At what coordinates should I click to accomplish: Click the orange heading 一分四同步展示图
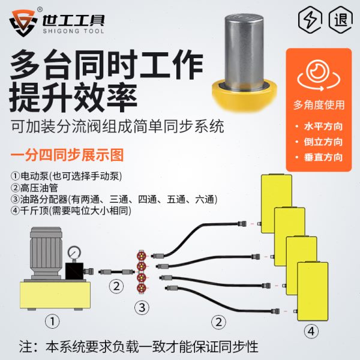(x=67, y=155)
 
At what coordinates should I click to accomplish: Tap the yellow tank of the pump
(x=55, y=295)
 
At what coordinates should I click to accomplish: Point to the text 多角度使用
(x=318, y=105)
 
